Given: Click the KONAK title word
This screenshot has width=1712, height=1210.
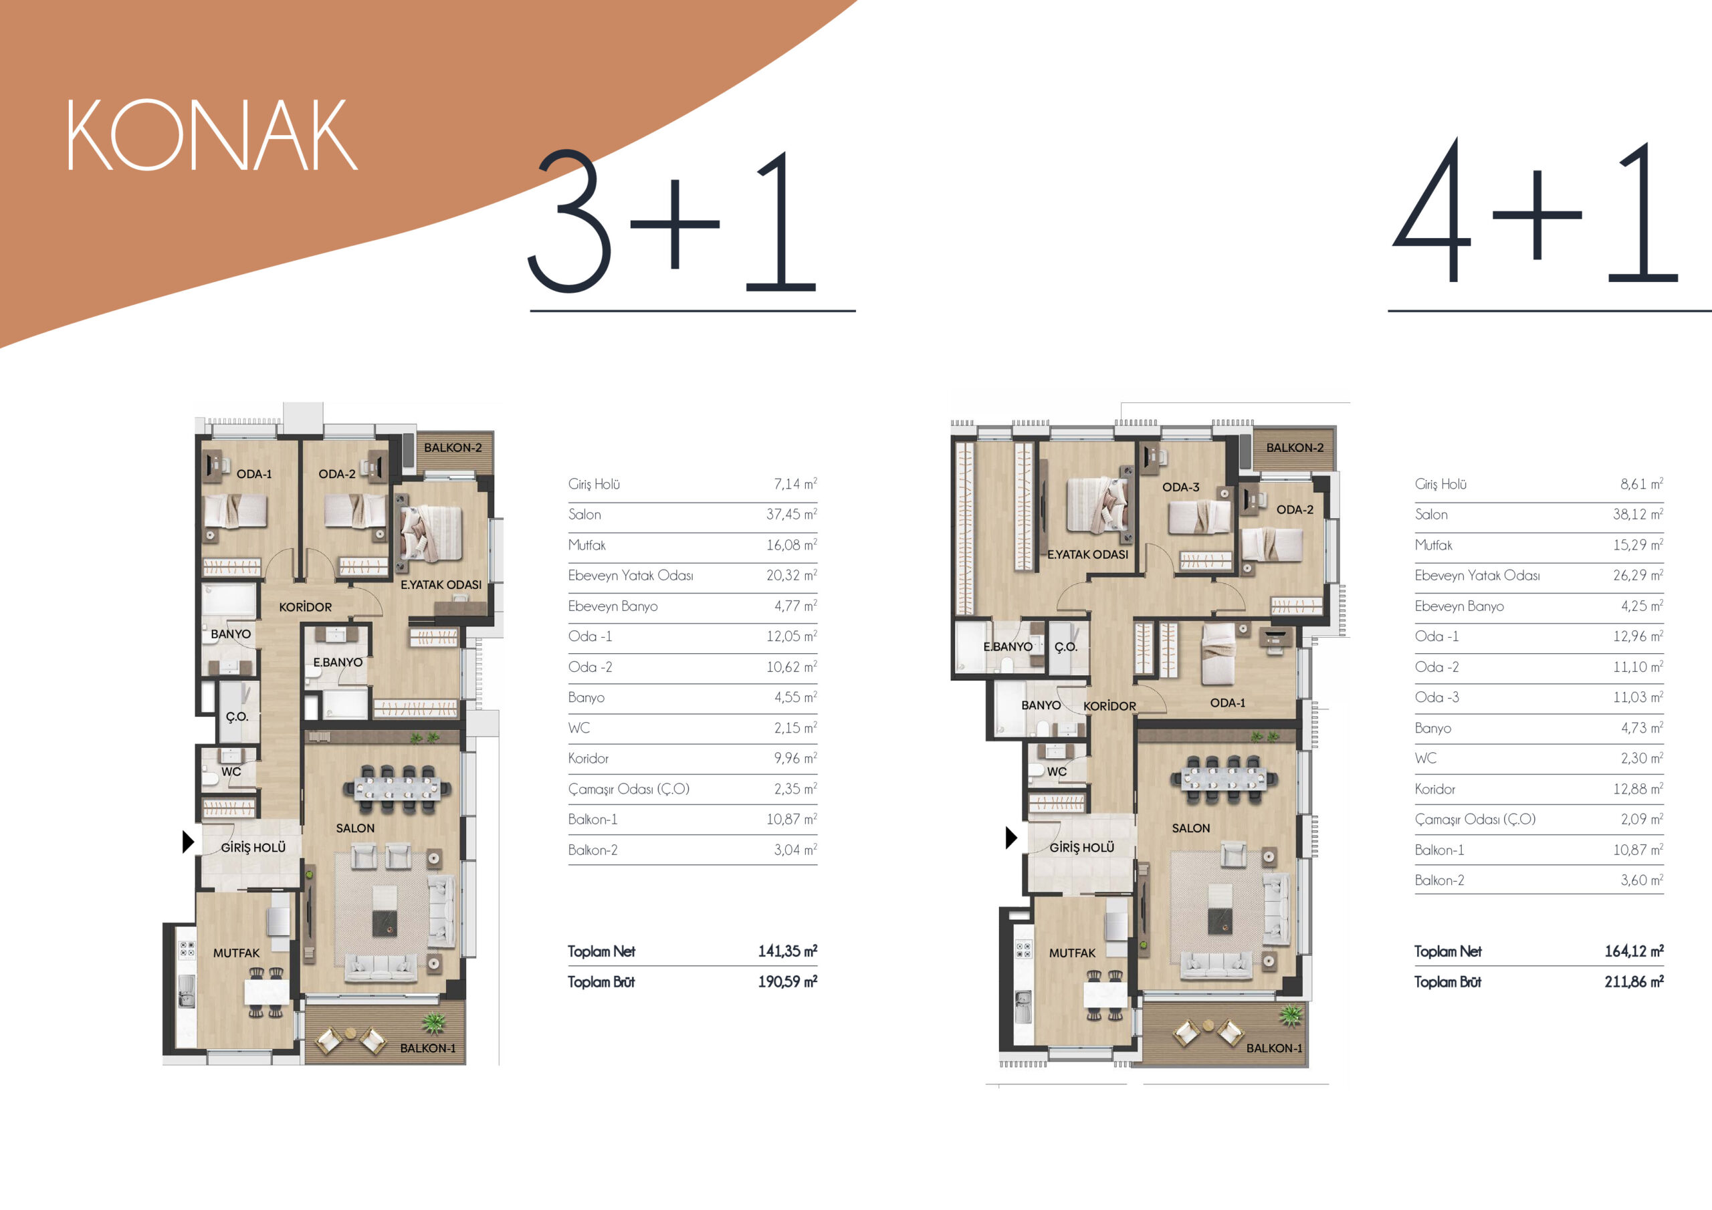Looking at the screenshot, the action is [x=213, y=135].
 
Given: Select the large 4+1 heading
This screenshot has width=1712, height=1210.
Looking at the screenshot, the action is [x=1536, y=211].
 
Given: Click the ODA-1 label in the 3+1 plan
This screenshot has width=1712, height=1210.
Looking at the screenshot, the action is [x=254, y=474].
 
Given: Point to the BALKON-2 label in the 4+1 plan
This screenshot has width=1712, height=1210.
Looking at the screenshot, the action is [x=1295, y=448].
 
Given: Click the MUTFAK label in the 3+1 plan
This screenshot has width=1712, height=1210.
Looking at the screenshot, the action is [x=236, y=953].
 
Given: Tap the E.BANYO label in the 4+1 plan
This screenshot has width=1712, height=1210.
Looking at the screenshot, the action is [x=1007, y=647].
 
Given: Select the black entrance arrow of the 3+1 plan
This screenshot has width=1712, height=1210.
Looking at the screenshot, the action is [x=189, y=842].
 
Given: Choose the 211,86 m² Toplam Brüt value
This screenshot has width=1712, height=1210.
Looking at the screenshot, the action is [x=1634, y=982].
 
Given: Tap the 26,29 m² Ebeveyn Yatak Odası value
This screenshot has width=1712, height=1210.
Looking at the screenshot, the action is [x=1638, y=576].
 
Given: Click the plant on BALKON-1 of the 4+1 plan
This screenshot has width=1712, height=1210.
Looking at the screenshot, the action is [x=1291, y=1015].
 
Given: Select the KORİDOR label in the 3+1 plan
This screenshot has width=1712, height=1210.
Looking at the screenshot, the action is [x=306, y=608].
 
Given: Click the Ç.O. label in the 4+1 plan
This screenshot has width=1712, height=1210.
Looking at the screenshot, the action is [x=1066, y=647].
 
